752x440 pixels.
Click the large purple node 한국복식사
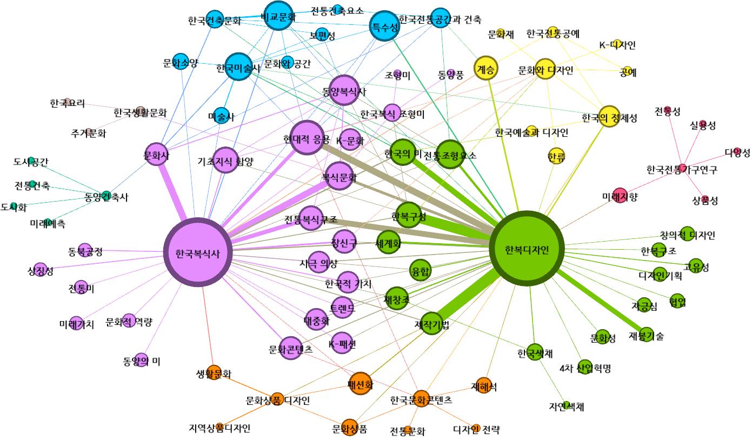tap(198, 253)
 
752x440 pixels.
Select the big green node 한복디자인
tap(527, 250)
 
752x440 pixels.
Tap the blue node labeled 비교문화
tap(278, 17)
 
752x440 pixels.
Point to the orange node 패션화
tap(361, 384)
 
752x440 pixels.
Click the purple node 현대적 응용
tap(307, 137)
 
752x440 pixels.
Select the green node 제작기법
tap(431, 323)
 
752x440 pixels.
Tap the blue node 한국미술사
tap(238, 67)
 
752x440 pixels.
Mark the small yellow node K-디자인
tap(617, 43)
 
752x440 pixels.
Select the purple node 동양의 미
tap(141, 359)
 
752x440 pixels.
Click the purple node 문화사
tap(157, 155)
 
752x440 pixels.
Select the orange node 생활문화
tap(214, 372)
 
